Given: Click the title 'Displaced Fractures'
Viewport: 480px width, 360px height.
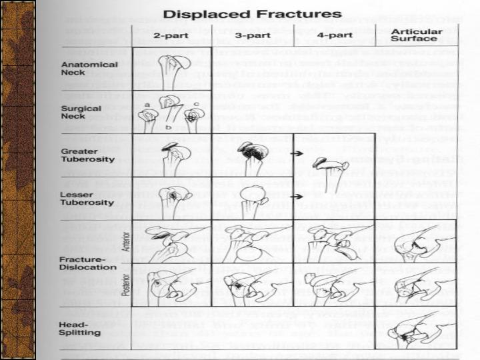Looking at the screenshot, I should [x=253, y=13].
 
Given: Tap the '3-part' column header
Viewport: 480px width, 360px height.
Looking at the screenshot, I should [x=253, y=35].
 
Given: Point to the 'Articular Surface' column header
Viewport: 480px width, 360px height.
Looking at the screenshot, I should [x=415, y=35].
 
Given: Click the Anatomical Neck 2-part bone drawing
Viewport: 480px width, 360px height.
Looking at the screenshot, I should [x=175, y=68].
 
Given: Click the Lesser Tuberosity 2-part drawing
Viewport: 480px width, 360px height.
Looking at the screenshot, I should [x=173, y=198].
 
